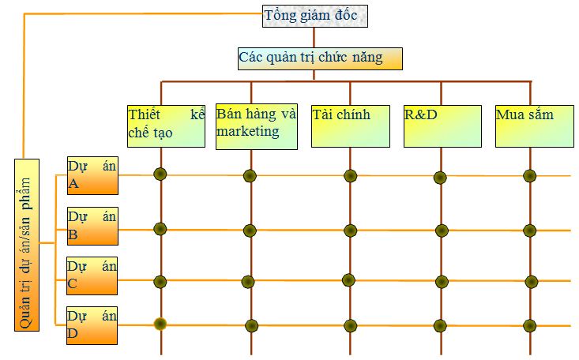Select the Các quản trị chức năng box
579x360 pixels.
click(320, 58)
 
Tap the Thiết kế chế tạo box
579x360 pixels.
click(166, 125)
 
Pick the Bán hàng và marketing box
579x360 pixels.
click(257, 125)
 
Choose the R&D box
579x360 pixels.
click(442, 125)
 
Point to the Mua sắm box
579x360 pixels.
click(534, 125)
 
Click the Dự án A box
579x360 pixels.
click(92, 174)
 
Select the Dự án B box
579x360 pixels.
click(92, 225)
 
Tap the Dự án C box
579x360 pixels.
click(92, 276)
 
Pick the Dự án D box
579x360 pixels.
click(92, 324)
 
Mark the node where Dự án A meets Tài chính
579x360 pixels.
click(350, 175)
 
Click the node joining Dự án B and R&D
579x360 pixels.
click(441, 231)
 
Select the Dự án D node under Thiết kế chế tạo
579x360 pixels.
click(160, 323)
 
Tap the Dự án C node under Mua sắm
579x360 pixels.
click(529, 281)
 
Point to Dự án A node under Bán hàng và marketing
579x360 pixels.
click(250, 175)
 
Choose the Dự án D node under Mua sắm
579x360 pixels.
click(529, 324)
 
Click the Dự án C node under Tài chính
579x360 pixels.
click(348, 279)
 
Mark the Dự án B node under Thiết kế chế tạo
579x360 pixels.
click(160, 229)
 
